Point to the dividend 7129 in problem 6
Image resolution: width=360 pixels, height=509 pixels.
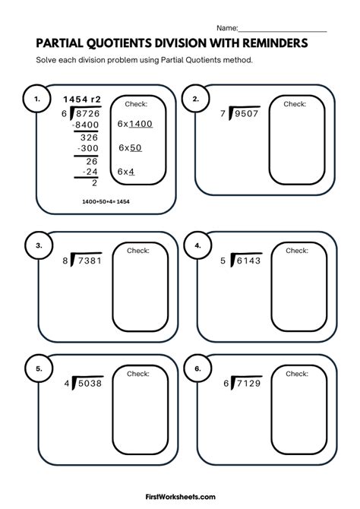click(245, 384)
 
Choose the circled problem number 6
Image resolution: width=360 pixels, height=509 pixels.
click(197, 368)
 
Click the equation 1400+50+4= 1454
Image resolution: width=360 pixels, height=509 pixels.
click(104, 201)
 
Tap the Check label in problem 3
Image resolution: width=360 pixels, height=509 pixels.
click(137, 250)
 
